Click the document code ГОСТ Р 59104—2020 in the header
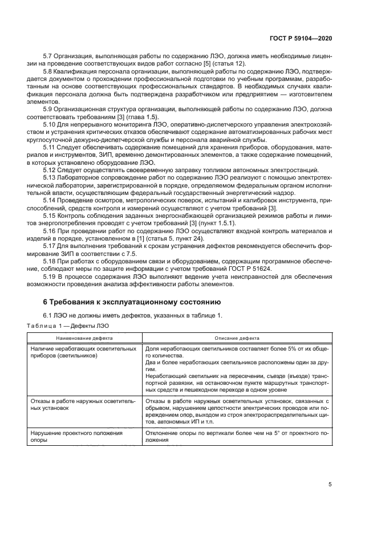pyautogui.click(x=301, y=39)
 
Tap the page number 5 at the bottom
pyautogui.click(x=330, y=485)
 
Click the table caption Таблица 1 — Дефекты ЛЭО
pyautogui.click(x=68, y=326)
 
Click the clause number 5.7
pyautogui.click(x=48, y=56)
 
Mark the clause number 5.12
pyautogui.click(x=50, y=170)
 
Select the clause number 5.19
pyautogui.click(x=50, y=276)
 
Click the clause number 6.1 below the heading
pyautogui.click(x=48, y=315)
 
